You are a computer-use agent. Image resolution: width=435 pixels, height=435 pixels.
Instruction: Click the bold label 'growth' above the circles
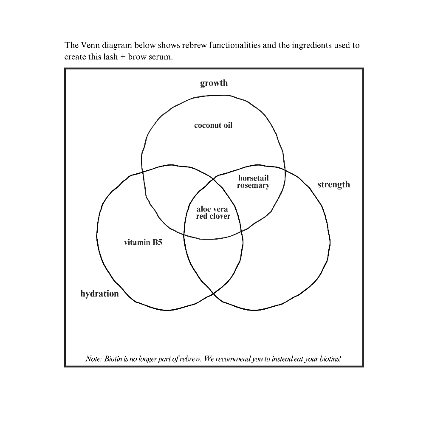214,83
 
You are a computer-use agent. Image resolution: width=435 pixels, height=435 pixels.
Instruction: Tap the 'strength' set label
333,184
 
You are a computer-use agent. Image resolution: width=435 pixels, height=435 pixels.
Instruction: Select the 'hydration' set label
99,294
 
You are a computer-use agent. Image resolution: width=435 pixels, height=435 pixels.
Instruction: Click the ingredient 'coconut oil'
213,125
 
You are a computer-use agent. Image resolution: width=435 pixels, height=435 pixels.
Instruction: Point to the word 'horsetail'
253,178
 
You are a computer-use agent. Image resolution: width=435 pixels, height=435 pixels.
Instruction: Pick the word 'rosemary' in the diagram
253,185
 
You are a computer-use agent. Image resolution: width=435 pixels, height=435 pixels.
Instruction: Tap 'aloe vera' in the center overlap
212,209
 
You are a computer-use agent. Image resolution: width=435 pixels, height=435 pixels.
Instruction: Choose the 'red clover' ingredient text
213,216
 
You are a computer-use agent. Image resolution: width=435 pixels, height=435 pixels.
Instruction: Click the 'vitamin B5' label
143,243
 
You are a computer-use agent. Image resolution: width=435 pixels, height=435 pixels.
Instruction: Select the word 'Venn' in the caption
90,45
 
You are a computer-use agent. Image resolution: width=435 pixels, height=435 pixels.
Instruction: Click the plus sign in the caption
123,57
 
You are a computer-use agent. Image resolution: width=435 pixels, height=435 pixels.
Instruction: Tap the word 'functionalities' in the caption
234,45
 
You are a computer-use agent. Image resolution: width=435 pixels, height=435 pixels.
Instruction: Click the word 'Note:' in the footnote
94,359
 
